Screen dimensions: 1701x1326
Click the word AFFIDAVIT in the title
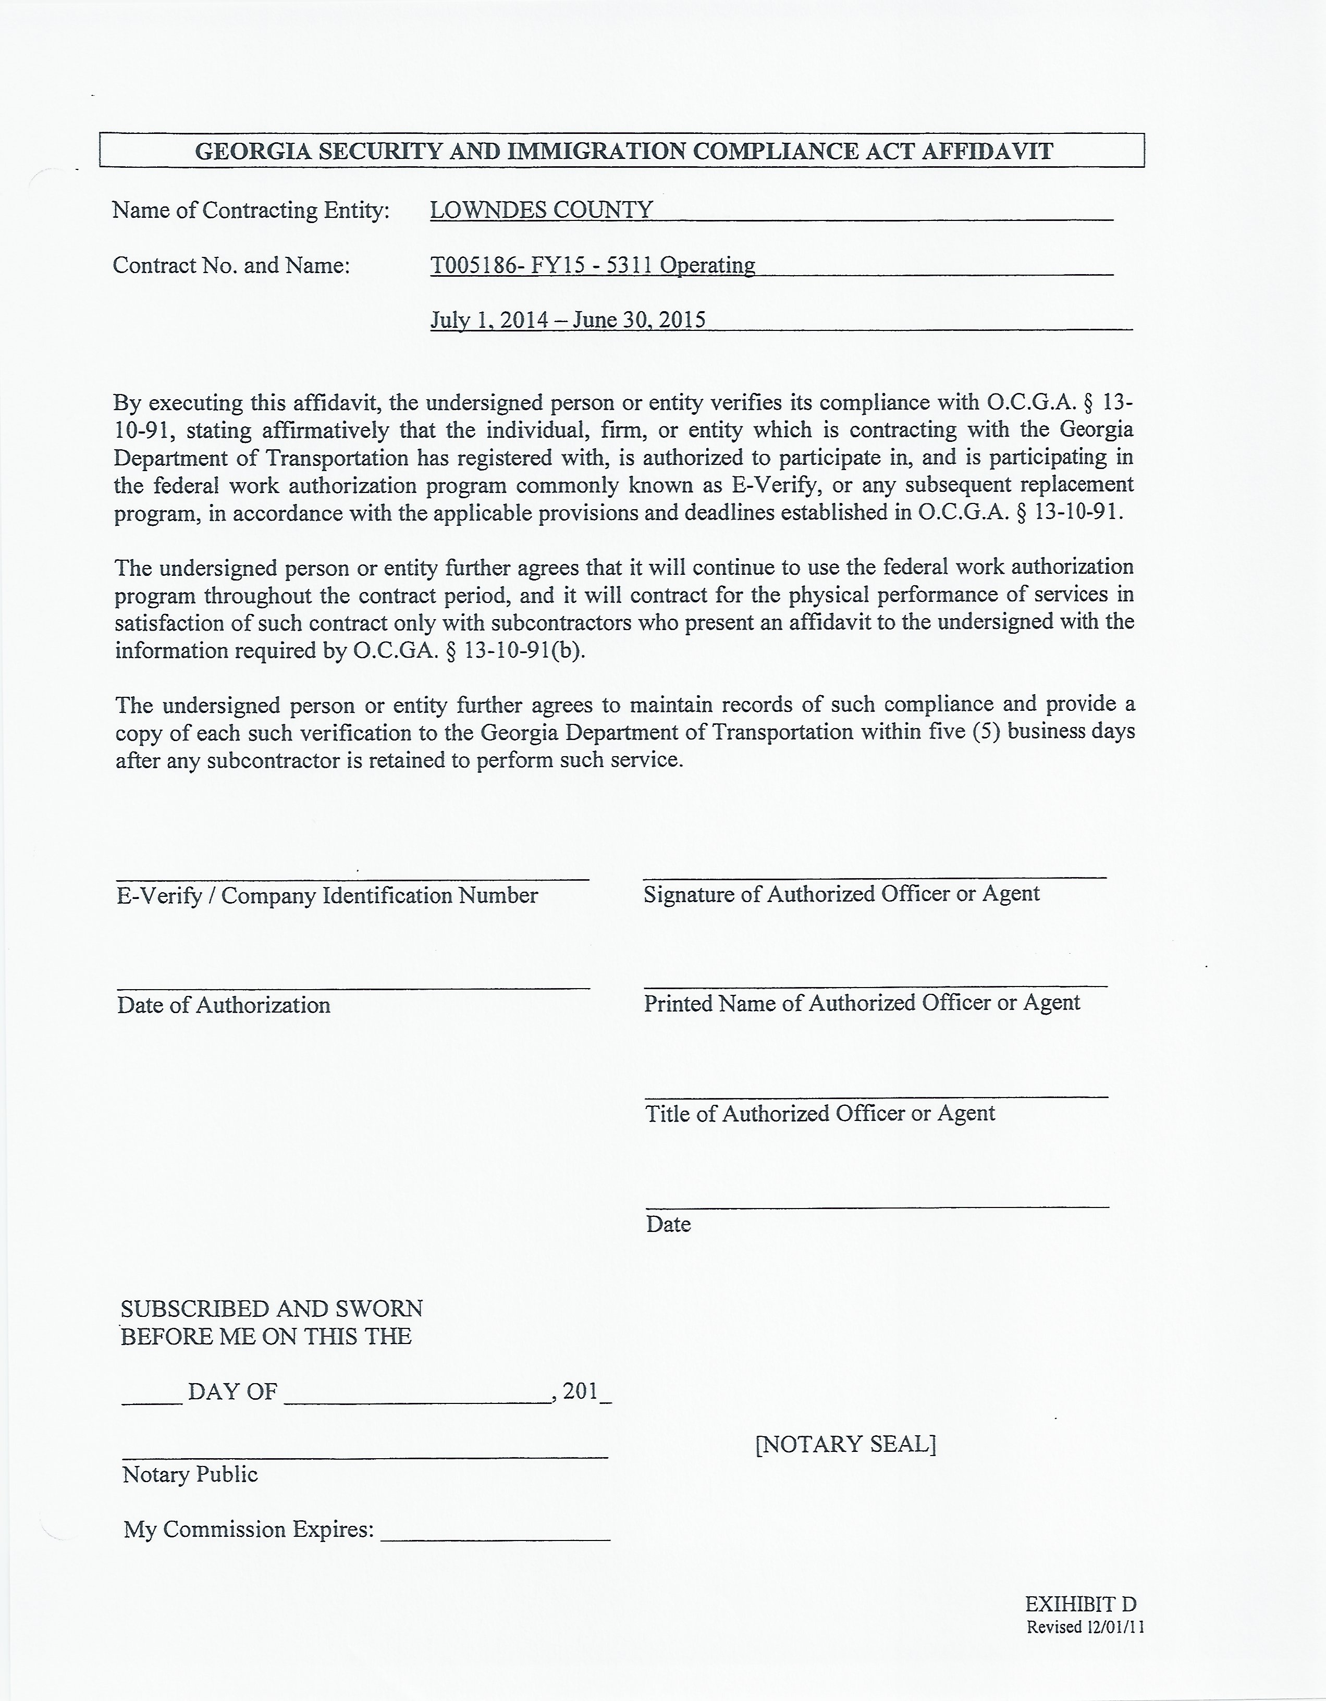point(987,151)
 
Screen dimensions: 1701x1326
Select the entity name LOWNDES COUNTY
point(542,211)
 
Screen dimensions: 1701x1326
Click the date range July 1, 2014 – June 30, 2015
point(568,320)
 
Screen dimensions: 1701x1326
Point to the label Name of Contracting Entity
point(251,211)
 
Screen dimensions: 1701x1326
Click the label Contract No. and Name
point(231,266)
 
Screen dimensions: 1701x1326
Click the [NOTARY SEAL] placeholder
point(845,1444)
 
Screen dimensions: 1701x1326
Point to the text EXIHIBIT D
point(1081,1605)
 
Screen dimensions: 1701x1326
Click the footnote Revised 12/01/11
point(1085,1627)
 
